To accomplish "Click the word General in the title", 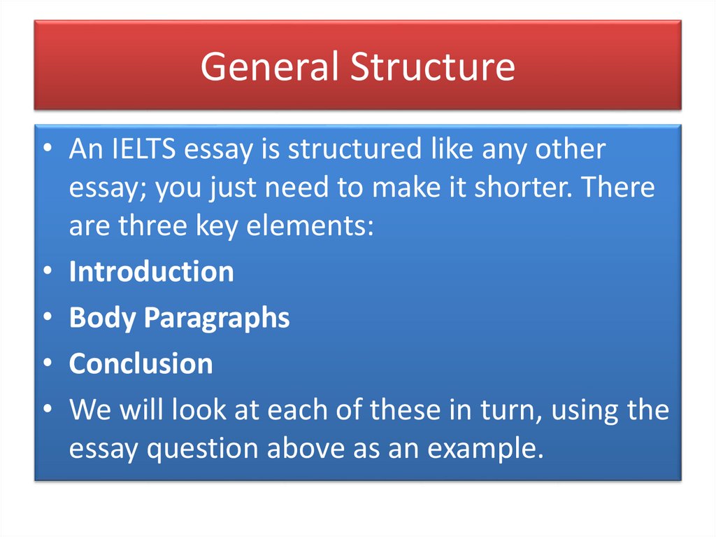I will point(270,67).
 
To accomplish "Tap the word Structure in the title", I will point(433,67).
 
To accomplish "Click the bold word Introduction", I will point(151,272).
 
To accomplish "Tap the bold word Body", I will point(103,318).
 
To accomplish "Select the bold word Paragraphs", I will point(217,318).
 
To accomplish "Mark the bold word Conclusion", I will point(141,363).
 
